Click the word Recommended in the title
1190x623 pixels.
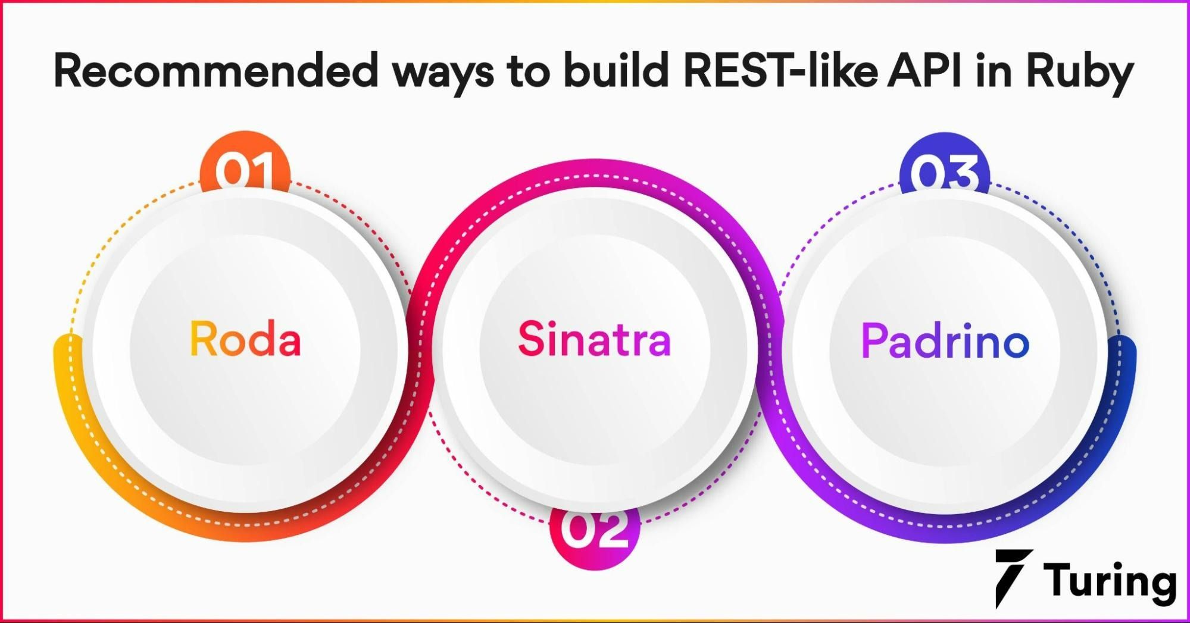215,71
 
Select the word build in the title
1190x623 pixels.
616,71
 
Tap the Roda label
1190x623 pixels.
245,339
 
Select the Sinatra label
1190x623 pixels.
594,339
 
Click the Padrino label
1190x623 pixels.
945,341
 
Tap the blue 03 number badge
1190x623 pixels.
944,169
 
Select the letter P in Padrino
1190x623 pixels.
873,341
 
